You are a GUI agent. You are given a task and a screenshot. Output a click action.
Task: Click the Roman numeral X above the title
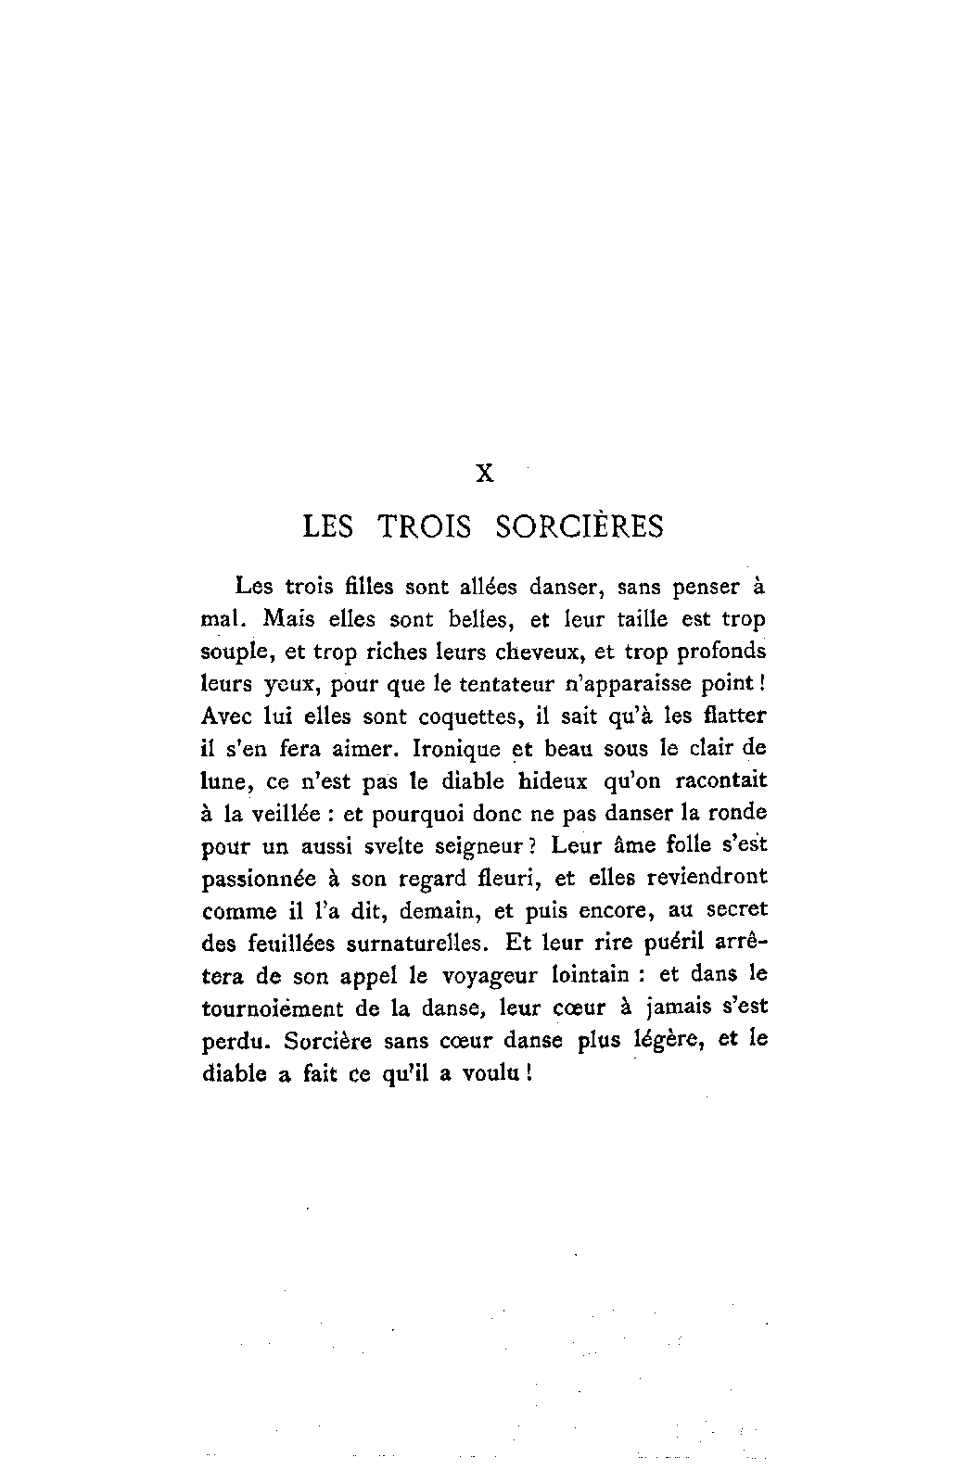click(x=484, y=474)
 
